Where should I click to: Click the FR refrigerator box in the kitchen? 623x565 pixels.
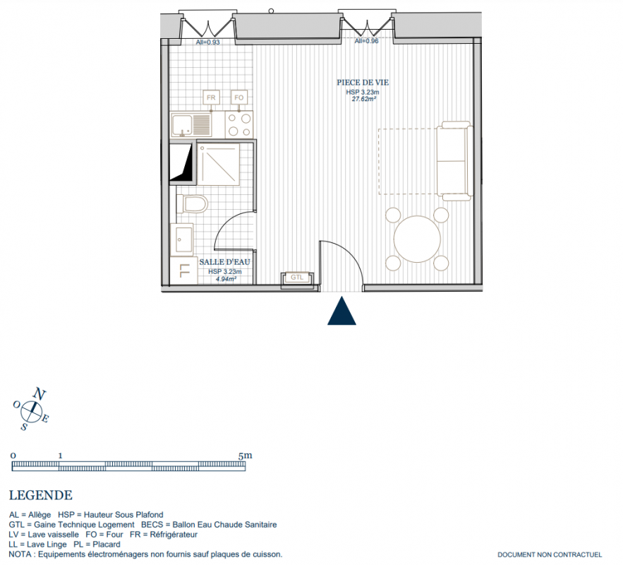(x=211, y=97)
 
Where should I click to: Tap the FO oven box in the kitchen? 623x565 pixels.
(x=238, y=97)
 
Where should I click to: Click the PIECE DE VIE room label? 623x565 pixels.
(x=363, y=83)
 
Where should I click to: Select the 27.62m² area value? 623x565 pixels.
(x=364, y=99)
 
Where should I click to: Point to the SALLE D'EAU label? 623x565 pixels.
(x=225, y=262)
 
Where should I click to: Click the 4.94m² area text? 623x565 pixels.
(x=226, y=279)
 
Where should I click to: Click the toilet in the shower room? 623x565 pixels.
(x=192, y=204)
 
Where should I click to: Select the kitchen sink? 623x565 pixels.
(x=191, y=124)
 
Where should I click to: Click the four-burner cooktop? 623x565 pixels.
(x=239, y=124)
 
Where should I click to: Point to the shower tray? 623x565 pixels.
(x=218, y=165)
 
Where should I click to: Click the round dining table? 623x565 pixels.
(x=417, y=239)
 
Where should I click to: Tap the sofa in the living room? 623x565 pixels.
(x=455, y=161)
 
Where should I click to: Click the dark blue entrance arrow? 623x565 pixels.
(x=341, y=311)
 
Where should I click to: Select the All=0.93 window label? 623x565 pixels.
(x=208, y=42)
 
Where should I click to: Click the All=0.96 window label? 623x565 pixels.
(x=366, y=41)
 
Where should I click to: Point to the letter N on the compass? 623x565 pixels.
(x=39, y=393)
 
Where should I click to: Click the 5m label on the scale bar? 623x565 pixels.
(x=245, y=456)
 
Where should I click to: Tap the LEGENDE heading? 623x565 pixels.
(x=40, y=495)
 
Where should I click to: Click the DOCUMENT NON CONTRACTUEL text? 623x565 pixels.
(x=550, y=554)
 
